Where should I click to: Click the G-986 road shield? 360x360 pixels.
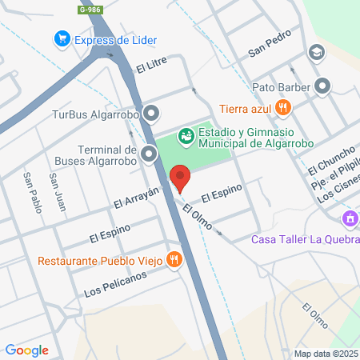click(90, 9)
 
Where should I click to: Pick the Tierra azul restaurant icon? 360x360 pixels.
click(282, 107)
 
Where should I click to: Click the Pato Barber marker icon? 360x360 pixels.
click(322, 86)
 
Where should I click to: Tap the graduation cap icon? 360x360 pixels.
click(317, 54)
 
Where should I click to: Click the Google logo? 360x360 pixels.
click(26, 350)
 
